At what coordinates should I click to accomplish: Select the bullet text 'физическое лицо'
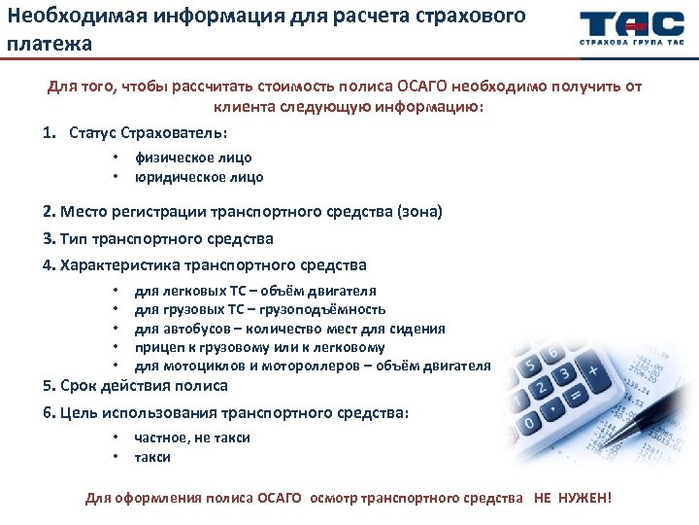(x=193, y=157)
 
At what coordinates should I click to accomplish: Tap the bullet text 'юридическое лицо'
(x=198, y=177)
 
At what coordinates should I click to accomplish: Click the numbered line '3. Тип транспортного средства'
(x=158, y=238)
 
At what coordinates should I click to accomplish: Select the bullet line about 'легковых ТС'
(x=255, y=291)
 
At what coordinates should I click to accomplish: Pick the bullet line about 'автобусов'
(x=289, y=329)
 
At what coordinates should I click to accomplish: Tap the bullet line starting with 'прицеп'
(x=259, y=347)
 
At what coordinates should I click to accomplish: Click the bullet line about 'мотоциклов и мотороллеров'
(x=312, y=366)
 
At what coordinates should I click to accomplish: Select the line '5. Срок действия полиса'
(x=136, y=386)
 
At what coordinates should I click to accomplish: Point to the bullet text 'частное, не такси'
(x=192, y=437)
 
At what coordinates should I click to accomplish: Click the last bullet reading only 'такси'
(x=152, y=457)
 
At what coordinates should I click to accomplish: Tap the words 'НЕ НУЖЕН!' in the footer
(x=573, y=498)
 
